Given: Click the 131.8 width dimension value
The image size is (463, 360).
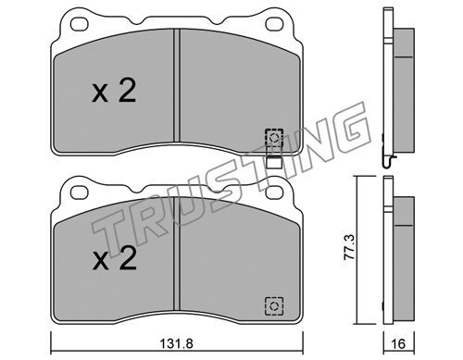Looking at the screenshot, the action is pyautogui.click(x=177, y=343).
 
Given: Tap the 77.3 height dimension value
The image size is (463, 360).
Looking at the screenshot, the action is pyautogui.click(x=350, y=251).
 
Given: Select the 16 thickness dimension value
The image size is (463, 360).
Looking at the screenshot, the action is pyautogui.click(x=398, y=343).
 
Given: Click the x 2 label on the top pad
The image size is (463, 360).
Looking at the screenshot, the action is pyautogui.click(x=114, y=91).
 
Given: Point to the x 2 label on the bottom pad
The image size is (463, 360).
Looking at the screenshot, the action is pyautogui.click(x=115, y=259).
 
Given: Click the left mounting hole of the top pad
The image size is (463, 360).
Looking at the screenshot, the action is pyautogui.click(x=80, y=24).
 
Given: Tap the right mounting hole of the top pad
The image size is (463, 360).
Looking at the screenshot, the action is pyautogui.click(x=274, y=24).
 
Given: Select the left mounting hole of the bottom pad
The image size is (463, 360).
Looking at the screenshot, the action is pyautogui.click(x=80, y=192).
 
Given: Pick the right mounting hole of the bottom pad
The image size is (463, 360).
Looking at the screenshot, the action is pyautogui.click(x=274, y=192).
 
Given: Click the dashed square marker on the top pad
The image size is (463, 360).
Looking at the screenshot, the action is pyautogui.click(x=274, y=138).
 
